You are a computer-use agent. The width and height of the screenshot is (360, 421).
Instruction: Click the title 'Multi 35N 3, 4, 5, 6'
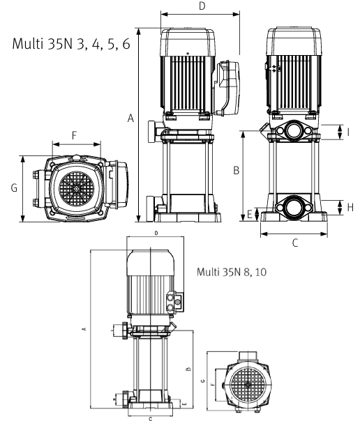pos(71,44)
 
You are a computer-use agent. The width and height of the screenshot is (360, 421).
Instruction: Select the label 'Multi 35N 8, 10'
pos(232,272)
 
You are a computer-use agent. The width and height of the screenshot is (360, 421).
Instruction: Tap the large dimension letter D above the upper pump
pos(202,6)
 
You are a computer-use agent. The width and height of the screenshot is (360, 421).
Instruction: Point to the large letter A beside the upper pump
pos(130,118)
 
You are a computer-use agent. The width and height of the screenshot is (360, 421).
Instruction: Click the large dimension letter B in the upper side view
pos(236,170)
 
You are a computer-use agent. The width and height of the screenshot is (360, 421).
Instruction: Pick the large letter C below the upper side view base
pos(295,243)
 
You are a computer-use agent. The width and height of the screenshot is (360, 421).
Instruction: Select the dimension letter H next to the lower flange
pos(350,207)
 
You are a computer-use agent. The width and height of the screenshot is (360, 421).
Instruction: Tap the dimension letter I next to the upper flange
pos(348,132)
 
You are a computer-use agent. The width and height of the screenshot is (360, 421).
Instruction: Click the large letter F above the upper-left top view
pos(75,135)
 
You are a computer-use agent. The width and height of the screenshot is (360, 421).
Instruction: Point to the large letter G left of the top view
pos(14,187)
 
